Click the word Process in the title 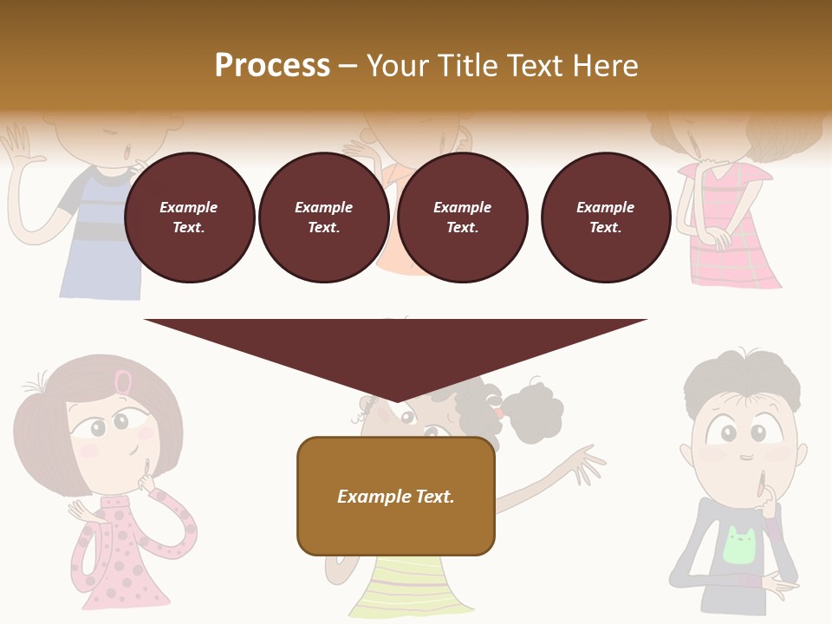(x=272, y=66)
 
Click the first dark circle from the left (x=189, y=218)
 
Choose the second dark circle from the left (x=323, y=218)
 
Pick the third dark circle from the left (x=462, y=218)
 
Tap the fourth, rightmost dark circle (x=605, y=218)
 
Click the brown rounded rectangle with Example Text (x=396, y=496)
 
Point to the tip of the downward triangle (x=396, y=400)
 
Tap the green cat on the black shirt (x=739, y=546)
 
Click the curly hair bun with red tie (x=530, y=412)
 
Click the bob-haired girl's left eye (x=98, y=427)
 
